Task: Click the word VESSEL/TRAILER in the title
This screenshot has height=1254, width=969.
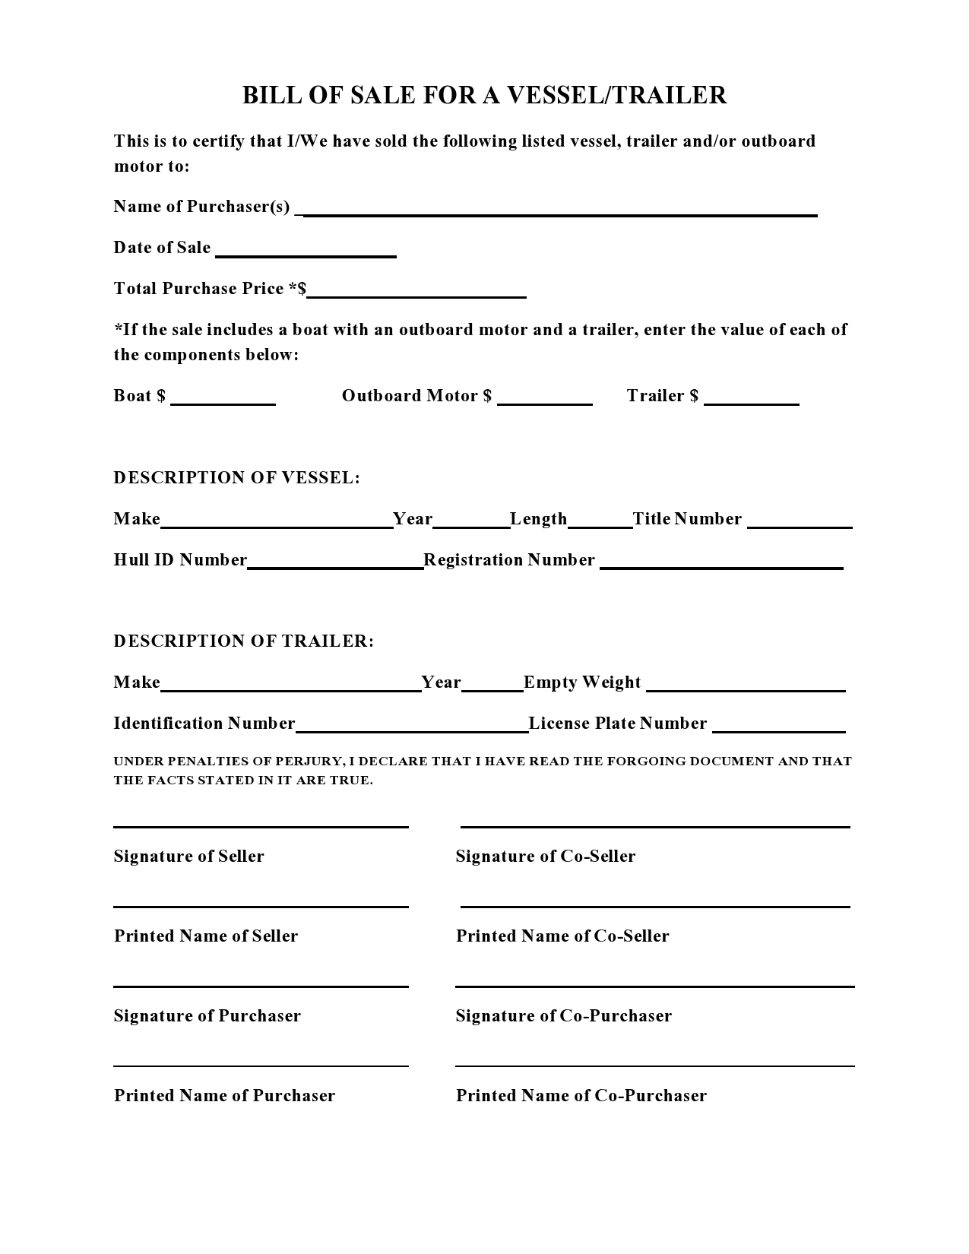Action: pos(616,95)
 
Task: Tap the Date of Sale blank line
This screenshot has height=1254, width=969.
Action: pos(306,255)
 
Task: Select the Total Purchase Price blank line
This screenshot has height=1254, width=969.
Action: pos(416,295)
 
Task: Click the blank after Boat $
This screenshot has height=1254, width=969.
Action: pos(223,403)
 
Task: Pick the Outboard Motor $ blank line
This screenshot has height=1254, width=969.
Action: pos(544,403)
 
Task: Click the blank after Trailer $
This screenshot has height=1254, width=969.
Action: pos(751,403)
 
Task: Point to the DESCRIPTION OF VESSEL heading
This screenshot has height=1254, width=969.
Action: pos(236,478)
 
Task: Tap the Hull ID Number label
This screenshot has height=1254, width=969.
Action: pos(180,560)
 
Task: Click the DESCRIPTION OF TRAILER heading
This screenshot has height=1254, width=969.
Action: pos(243,641)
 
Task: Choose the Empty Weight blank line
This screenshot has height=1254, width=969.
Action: pos(745,689)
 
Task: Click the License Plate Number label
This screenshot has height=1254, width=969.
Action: pos(617,724)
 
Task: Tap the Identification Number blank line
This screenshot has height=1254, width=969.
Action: pos(411,730)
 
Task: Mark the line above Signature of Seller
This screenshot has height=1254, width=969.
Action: pos(261,826)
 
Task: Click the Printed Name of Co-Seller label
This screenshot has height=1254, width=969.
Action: pos(562,936)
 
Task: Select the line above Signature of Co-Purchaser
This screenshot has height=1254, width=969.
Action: pos(654,986)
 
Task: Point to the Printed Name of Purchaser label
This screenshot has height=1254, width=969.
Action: pos(224,1096)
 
